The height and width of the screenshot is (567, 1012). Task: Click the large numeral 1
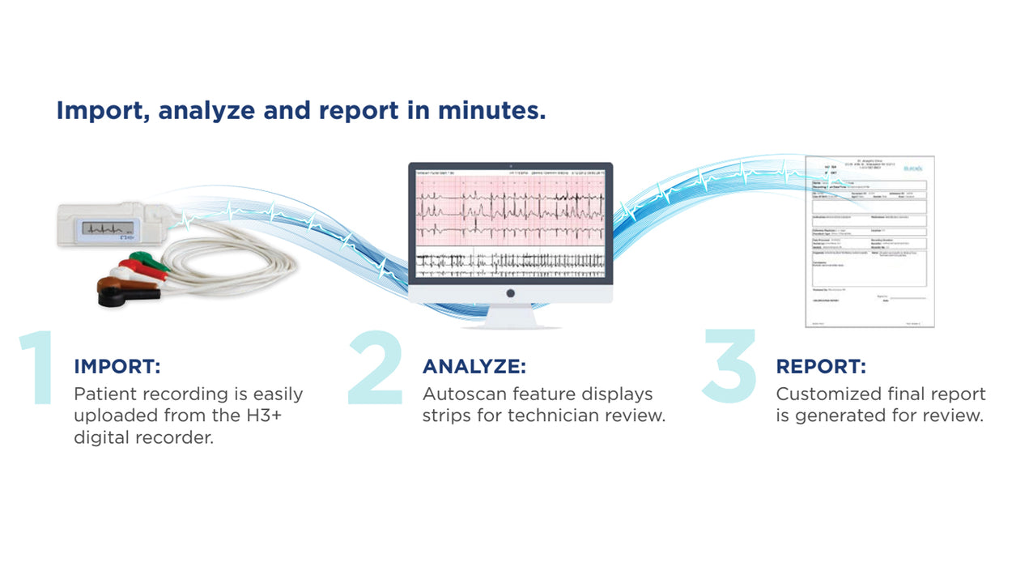tap(37, 368)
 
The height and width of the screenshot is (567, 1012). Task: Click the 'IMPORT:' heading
tap(117, 366)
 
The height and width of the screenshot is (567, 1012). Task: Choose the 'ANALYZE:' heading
tap(474, 366)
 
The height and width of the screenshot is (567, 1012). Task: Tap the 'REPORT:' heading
tap(820, 366)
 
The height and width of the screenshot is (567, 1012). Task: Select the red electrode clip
tap(133, 266)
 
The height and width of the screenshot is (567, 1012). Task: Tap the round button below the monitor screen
tap(510, 293)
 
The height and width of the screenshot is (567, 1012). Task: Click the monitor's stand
tap(510, 317)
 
